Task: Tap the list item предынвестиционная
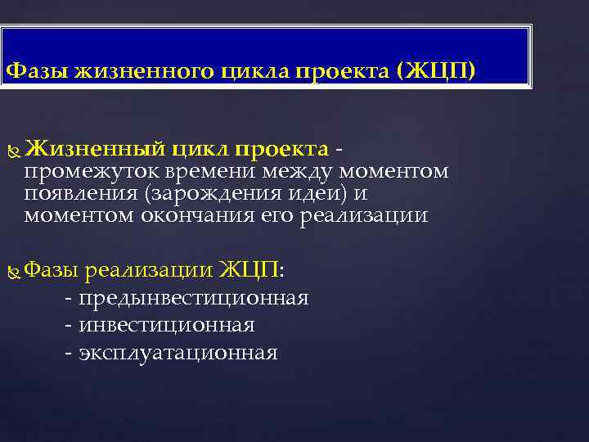point(193,298)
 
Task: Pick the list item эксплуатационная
point(178,353)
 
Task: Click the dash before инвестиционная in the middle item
point(67,326)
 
